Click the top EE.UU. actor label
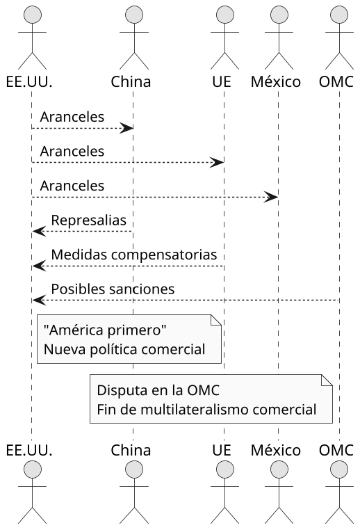pyautogui.click(x=29, y=81)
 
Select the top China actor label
pyautogui.click(x=131, y=81)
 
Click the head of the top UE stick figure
pyautogui.click(x=222, y=15)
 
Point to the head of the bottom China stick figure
pyautogui.click(x=132, y=472)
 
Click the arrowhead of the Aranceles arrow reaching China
pyautogui.click(x=126, y=128)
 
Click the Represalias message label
pyautogui.click(x=88, y=220)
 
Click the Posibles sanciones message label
pyautogui.click(x=113, y=288)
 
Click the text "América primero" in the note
pyautogui.click(x=105, y=328)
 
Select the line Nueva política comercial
pyautogui.click(x=124, y=349)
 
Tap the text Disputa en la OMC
pyautogui.click(x=150, y=389)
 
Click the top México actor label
pyautogui.click(x=277, y=81)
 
